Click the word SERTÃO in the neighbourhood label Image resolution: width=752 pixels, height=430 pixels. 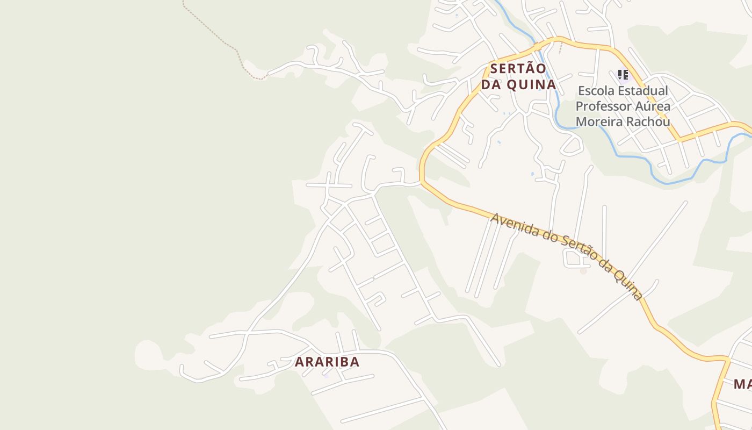pos(518,69)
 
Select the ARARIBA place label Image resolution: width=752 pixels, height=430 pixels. pos(327,362)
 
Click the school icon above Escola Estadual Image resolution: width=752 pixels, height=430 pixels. pos(623,75)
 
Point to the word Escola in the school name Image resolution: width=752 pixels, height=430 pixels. pos(595,90)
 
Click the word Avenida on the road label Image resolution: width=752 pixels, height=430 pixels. pos(514,225)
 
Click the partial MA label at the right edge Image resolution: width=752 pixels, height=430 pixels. pos(743,384)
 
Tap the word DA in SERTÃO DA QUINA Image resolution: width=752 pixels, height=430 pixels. pos(490,85)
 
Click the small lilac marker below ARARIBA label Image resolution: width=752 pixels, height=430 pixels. pos(326,375)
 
